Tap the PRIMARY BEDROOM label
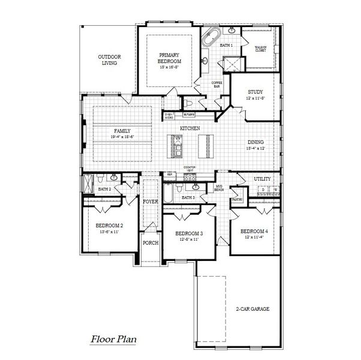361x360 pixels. coord(170,58)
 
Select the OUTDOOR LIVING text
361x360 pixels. coord(109,59)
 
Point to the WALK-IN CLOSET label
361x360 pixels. coord(260,49)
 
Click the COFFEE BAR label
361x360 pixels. coord(216,84)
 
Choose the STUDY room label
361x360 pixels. coord(255,92)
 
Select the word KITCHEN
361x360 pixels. coord(189,129)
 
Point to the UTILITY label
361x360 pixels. coord(262,179)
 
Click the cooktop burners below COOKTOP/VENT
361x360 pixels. coord(190,176)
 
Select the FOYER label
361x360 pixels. coord(149,202)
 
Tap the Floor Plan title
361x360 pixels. coord(113,339)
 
